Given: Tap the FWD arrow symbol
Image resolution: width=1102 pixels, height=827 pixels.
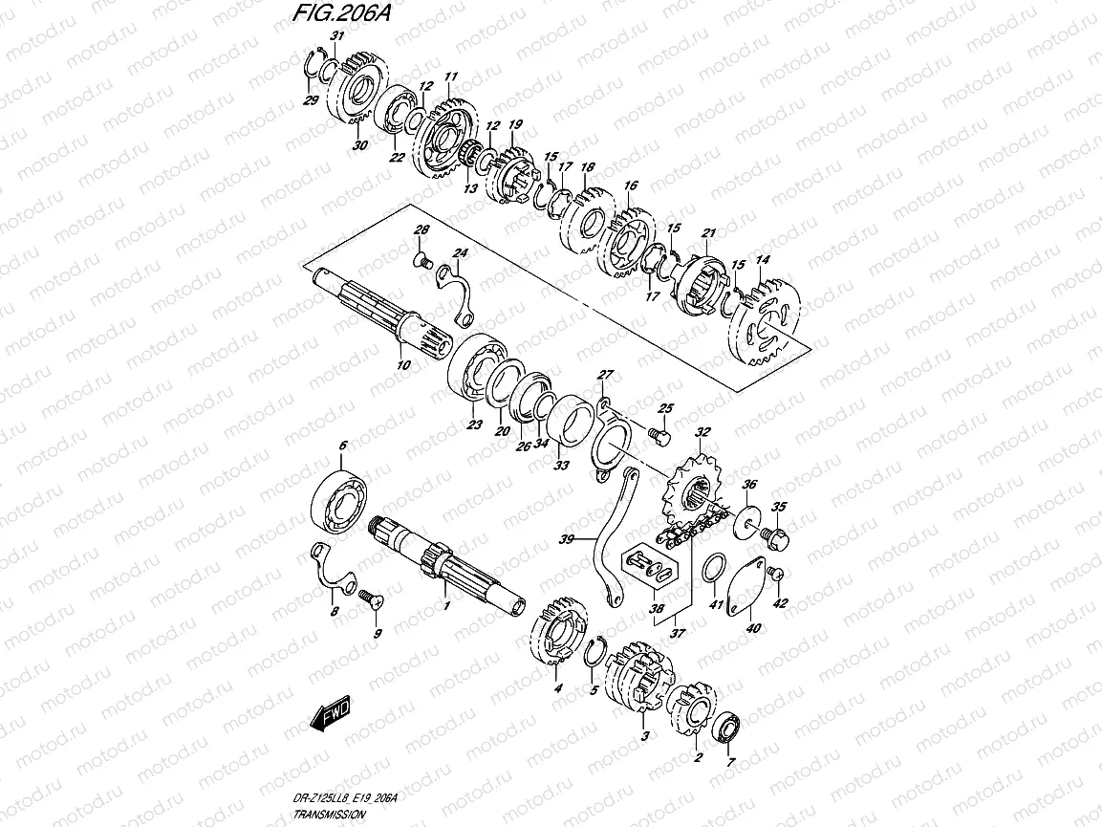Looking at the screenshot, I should point(331,713).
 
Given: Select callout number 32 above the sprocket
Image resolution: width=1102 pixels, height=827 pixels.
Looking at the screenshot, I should point(702,433).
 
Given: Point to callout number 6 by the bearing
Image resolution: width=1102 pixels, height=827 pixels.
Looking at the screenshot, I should point(342,446).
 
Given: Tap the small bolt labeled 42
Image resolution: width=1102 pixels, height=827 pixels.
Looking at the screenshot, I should point(776,573).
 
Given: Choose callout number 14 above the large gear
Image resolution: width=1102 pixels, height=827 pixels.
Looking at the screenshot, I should point(762,260).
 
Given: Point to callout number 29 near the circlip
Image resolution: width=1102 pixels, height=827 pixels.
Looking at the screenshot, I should point(310,100).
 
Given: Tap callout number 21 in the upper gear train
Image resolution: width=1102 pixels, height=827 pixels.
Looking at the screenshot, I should point(708,232).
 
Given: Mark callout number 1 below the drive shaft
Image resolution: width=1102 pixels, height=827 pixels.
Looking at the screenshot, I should point(445,606).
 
